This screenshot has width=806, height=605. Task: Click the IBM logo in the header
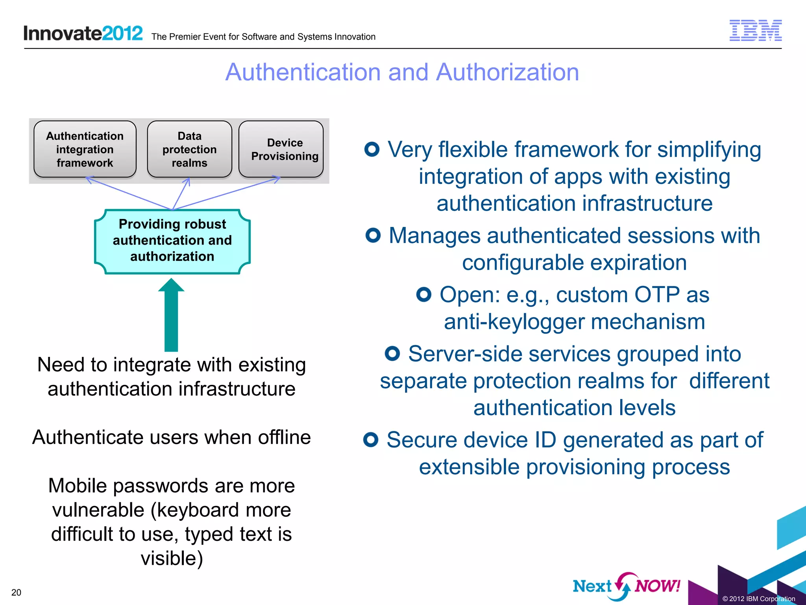[x=755, y=30]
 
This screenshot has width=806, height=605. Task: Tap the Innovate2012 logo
[x=83, y=33]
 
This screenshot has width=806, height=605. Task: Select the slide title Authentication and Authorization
[x=402, y=72]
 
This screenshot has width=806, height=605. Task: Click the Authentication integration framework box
[x=85, y=149]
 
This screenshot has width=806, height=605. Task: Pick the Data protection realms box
[x=189, y=149]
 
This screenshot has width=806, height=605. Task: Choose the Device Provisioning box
[x=281, y=149]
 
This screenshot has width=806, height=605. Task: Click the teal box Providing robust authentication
[x=172, y=241]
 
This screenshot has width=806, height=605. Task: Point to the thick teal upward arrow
[x=171, y=315]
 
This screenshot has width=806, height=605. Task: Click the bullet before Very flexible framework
[x=372, y=149]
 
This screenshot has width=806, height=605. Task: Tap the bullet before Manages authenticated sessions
[x=373, y=235]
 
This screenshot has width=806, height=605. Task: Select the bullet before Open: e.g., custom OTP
[x=424, y=294]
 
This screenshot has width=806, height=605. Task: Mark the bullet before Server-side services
[x=392, y=353]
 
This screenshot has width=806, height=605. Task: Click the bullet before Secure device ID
[x=371, y=440]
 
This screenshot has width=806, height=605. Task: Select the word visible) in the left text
[x=172, y=558]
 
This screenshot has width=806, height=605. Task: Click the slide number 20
[x=16, y=592]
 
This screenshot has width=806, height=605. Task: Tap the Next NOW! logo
[x=626, y=586]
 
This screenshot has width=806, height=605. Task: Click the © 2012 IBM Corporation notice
[x=758, y=599]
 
